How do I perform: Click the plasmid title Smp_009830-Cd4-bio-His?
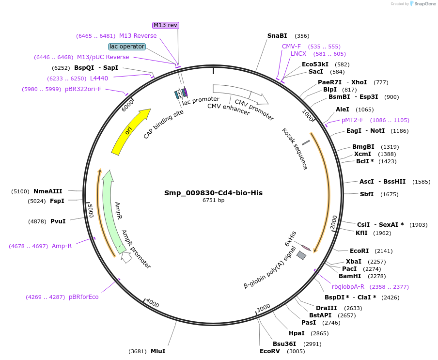[x=213, y=193]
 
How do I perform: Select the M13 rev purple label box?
[x=166, y=25]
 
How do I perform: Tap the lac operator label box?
[x=127, y=47]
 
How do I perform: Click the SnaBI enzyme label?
[x=277, y=36]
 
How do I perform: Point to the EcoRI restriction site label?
[x=359, y=251]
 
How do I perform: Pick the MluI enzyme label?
[x=158, y=351]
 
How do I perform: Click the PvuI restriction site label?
[x=58, y=221]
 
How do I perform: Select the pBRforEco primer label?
[x=83, y=297]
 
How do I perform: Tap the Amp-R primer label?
[x=62, y=246]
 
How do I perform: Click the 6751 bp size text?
[x=213, y=200]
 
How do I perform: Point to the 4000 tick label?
[x=153, y=304]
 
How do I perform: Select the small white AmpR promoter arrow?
[x=126, y=258]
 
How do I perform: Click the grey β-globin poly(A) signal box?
[x=302, y=255]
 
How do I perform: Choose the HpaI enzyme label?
[x=297, y=333]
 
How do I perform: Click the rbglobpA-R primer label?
[x=348, y=287]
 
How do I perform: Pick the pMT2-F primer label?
[x=352, y=120]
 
